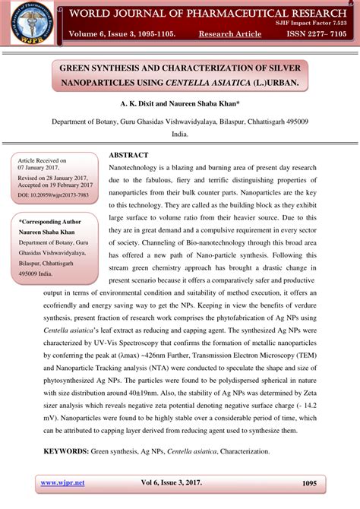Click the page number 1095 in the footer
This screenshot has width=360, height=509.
308,482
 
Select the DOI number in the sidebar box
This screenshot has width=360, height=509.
52,194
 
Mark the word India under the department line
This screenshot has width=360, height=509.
179,133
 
